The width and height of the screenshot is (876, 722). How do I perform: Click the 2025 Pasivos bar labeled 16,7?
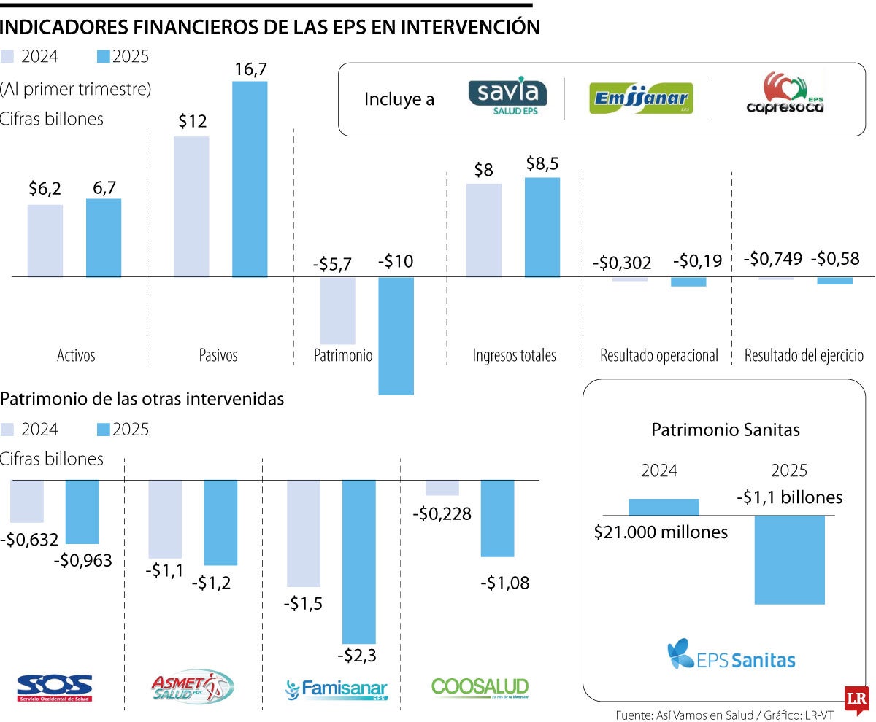tap(250, 179)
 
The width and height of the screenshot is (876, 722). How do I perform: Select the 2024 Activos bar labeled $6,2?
tap(45, 241)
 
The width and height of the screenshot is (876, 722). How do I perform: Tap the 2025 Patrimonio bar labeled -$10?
tap(396, 335)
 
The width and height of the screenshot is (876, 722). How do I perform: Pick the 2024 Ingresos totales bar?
tap(483, 230)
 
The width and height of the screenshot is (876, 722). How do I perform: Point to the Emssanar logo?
tap(640, 98)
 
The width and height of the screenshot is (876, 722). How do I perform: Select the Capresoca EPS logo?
tap(785, 93)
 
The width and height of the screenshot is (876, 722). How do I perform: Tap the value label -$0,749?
tap(773, 258)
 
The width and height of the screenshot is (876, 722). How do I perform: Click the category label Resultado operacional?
tap(658, 356)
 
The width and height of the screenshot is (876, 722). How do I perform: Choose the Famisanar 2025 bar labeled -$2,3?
tap(359, 562)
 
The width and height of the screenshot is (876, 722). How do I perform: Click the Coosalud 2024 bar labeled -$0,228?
tap(442, 488)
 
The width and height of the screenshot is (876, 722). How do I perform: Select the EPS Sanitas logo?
tap(731, 654)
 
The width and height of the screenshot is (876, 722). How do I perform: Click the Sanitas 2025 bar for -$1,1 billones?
tap(789, 559)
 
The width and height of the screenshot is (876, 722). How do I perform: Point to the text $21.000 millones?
tap(661, 532)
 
